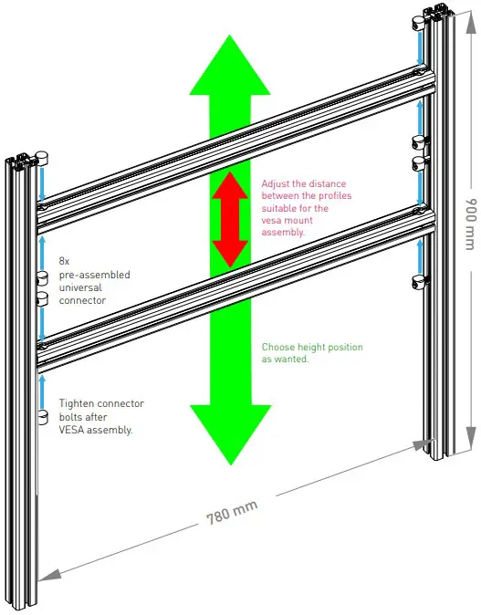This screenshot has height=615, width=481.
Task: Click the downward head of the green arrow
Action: (x=230, y=433)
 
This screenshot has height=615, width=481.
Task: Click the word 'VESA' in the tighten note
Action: (x=71, y=430)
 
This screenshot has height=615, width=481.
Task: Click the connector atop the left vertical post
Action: (x=41, y=157)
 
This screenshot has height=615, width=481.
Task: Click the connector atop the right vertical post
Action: (x=419, y=20)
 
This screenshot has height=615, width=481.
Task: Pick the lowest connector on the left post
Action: (x=42, y=417)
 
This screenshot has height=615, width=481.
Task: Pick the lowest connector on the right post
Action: (x=419, y=280)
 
